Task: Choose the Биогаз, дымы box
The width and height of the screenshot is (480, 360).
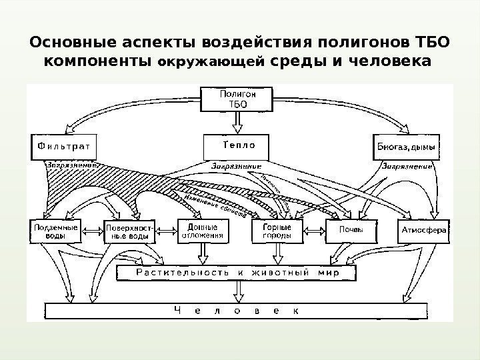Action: coord(405,146)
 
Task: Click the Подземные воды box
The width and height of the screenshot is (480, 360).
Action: coord(55,231)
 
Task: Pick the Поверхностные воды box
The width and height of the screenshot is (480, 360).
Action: coord(129,231)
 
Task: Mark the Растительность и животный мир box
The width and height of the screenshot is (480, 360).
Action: coord(236,272)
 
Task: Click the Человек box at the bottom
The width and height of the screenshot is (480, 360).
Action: coord(236,311)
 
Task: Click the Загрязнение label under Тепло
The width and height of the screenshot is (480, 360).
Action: coord(236,165)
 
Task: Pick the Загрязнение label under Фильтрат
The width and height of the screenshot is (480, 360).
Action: coord(73,163)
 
